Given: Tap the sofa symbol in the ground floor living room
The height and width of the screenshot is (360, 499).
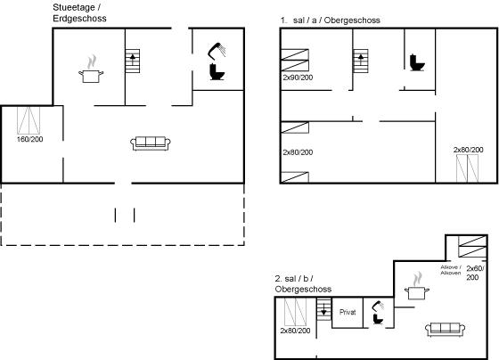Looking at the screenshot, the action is pos(151,143).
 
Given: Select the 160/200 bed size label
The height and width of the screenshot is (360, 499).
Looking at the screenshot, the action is pos(30,139).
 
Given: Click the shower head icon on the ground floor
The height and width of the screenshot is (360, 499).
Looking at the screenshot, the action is pos(217,51).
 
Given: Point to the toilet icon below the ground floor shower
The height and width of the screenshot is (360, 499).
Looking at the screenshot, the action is pos(217,72).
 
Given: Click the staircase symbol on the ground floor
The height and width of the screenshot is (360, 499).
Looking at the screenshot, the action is pos(133,61).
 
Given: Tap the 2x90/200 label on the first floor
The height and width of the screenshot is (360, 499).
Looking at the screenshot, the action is pos(298,78).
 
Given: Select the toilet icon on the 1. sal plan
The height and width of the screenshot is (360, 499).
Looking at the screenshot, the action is pos(417,62).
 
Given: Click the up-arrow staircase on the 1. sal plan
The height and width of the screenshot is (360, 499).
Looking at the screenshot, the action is pos(361,61).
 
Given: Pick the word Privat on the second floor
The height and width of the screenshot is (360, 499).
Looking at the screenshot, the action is pos(348,312).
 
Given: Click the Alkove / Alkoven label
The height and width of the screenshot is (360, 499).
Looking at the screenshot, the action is pos(451,270).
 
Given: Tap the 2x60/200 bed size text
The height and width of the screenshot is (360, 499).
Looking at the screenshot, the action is pos(475,273).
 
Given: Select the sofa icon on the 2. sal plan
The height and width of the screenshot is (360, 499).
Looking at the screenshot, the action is pos(446,330).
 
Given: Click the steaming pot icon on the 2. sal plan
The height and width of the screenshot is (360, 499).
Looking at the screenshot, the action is pos(417,286).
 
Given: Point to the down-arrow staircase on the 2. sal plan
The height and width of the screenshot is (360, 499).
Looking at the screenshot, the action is pos(324,309).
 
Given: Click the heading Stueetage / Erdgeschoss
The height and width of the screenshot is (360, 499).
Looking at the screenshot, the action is pos(79,12).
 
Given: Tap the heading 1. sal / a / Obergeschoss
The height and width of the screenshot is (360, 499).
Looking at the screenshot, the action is pos(331,20).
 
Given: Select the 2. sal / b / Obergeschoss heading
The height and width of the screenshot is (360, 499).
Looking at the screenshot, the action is pos(303,284).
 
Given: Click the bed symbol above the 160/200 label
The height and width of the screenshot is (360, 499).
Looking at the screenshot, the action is pos(29,120).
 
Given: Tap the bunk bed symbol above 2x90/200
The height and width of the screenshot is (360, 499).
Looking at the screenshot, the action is pos(295,61).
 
